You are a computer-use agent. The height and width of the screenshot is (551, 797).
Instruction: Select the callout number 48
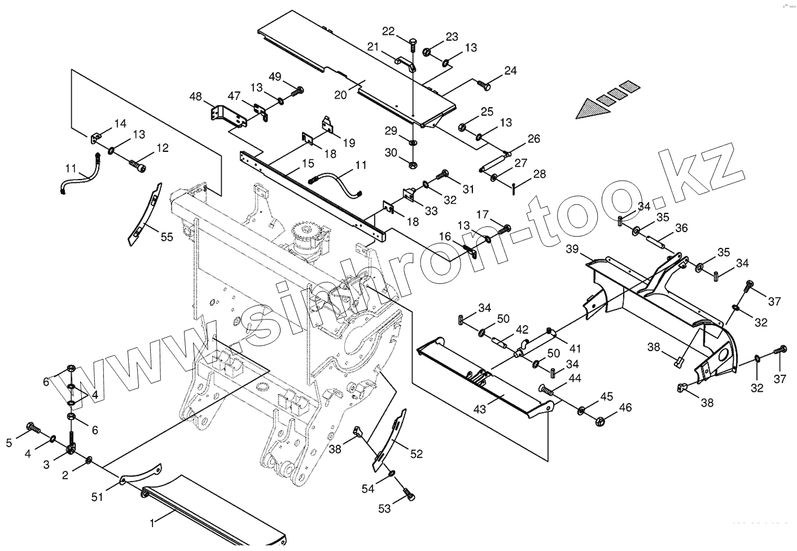point(195,97)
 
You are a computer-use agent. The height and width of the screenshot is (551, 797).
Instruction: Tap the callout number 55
point(167,237)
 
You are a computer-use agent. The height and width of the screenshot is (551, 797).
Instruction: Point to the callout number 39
point(572,249)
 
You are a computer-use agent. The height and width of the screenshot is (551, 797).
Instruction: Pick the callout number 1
point(151,522)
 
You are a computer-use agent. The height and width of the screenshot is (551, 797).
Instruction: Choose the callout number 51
point(98,497)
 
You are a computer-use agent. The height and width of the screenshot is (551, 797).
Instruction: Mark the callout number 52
point(417,453)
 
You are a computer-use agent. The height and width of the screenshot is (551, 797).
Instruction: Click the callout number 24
point(510,71)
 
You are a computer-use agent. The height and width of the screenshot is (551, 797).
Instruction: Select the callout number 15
point(308,163)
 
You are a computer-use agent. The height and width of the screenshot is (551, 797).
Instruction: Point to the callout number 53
point(384,509)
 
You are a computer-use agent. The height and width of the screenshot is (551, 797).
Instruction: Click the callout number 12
point(162,148)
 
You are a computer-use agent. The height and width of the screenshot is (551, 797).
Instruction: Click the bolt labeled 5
point(33,428)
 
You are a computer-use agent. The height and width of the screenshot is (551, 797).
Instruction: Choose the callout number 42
point(522,329)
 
